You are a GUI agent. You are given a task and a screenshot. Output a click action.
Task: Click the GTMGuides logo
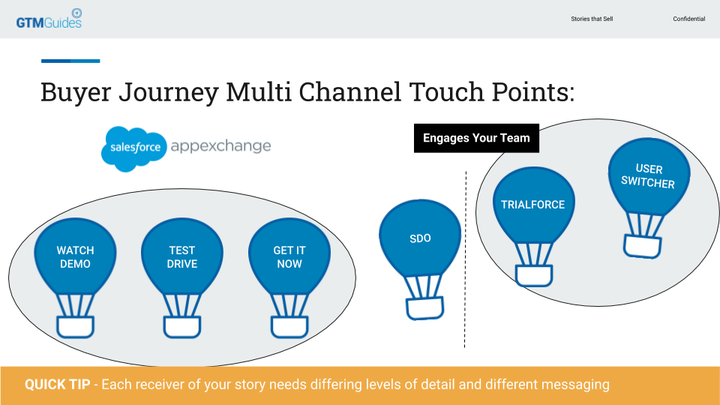49,19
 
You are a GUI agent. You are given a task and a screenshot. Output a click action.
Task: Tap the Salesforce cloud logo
134,148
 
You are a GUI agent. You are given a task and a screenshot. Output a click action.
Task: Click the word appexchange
220,146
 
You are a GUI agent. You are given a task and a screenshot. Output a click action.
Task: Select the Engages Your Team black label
476,138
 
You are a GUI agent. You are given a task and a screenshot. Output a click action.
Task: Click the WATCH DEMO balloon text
75,257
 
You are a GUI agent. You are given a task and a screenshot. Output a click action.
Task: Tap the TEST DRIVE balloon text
182,257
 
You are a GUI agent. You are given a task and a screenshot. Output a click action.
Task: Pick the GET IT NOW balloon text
289,257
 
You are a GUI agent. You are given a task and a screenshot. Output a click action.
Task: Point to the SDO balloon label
420,238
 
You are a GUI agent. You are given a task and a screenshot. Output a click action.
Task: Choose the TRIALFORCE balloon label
532,205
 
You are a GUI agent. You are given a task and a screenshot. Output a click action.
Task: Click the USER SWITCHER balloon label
648,175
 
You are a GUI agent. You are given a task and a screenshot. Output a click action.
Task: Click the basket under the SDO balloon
424,308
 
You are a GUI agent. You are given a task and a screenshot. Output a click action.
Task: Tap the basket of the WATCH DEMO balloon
75,327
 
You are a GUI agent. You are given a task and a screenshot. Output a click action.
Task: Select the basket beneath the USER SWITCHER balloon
643,247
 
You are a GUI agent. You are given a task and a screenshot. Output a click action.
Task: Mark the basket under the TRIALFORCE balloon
534,276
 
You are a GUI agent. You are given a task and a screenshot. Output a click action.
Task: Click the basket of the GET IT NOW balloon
289,327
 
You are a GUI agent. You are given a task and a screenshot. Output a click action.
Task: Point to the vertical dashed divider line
465,259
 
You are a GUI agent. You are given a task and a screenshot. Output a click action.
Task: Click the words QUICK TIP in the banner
58,384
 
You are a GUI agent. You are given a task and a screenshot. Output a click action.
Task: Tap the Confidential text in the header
688,19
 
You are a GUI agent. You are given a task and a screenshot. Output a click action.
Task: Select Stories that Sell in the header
592,19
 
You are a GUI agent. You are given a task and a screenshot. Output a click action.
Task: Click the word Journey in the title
169,92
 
